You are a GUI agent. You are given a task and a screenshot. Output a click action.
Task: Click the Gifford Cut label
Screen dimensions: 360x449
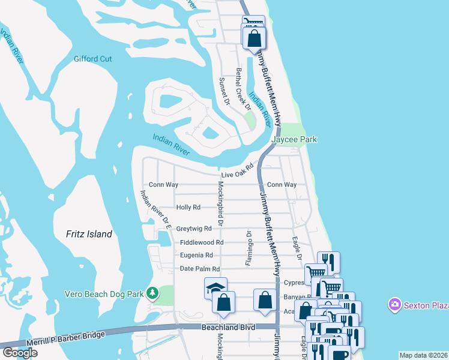click(92, 59)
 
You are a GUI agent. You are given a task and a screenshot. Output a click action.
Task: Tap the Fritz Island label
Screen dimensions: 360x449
click(89, 234)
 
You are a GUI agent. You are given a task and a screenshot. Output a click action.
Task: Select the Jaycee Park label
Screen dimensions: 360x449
click(294, 139)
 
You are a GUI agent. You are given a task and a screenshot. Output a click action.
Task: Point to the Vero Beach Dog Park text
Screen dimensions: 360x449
click(106, 294)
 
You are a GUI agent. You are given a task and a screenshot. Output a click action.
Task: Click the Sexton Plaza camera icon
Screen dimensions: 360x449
click(394, 305)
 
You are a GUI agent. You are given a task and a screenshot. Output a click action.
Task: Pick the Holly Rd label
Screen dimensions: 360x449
click(187, 207)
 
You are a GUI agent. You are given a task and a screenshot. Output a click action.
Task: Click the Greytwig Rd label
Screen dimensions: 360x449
click(194, 229)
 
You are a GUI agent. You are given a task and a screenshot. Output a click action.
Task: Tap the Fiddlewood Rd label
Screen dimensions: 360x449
click(202, 242)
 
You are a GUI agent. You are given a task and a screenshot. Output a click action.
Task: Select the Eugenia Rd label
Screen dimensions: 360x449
click(196, 256)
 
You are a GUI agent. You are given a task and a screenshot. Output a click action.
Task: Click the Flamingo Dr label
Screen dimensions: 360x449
click(247, 247)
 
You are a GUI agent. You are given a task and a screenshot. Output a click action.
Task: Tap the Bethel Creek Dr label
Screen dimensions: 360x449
click(242, 88)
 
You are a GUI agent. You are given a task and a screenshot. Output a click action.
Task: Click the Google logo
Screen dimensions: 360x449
click(20, 353)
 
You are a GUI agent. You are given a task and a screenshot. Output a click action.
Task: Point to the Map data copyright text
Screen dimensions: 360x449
click(424, 355)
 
